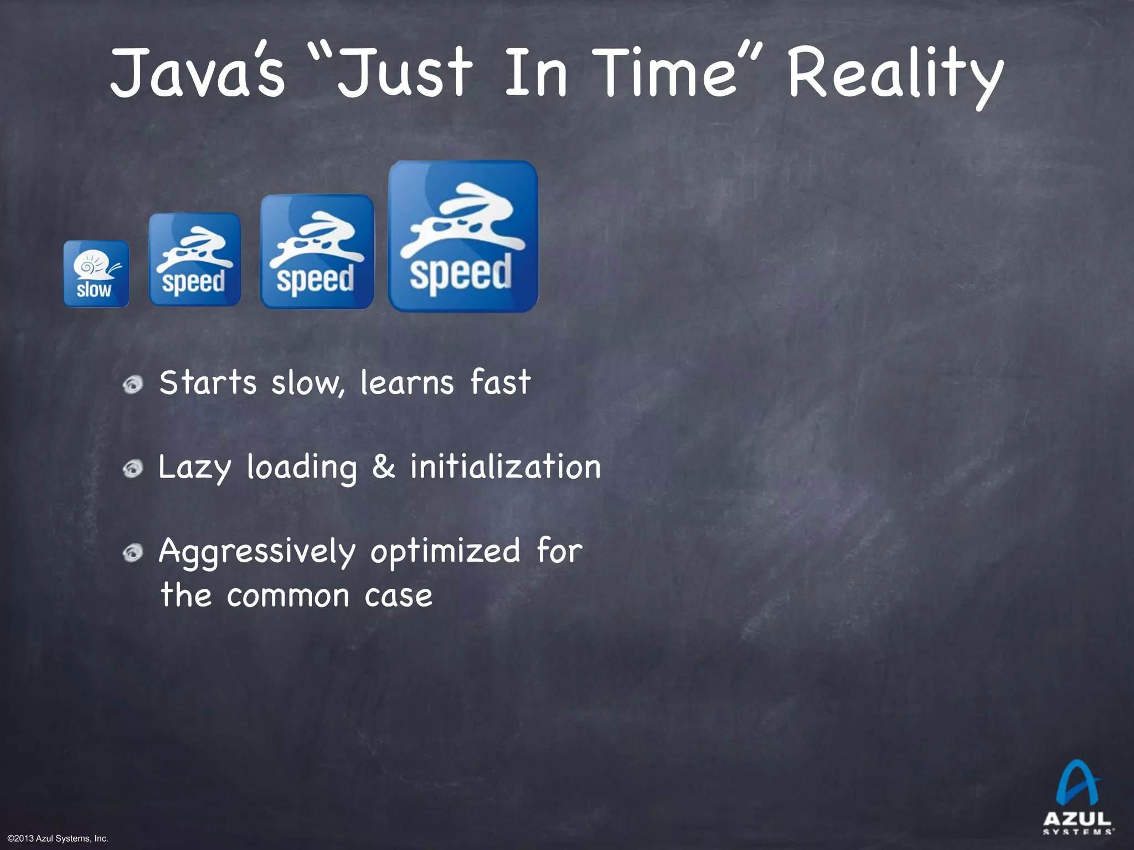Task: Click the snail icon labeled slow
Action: [x=96, y=273]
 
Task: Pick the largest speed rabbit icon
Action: [x=463, y=236]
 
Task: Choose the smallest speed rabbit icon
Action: [x=195, y=260]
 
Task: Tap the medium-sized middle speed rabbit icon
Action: [x=317, y=251]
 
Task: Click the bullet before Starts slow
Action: [x=133, y=384]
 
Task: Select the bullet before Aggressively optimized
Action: [x=133, y=553]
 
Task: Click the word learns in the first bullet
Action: [x=407, y=382]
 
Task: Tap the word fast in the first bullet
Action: [x=501, y=382]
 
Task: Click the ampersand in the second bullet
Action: [x=384, y=467]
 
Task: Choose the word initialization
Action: [x=505, y=467]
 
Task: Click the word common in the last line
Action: [x=288, y=597]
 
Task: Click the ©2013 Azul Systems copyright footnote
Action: [x=58, y=839]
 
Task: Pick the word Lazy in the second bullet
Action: [x=194, y=468]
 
